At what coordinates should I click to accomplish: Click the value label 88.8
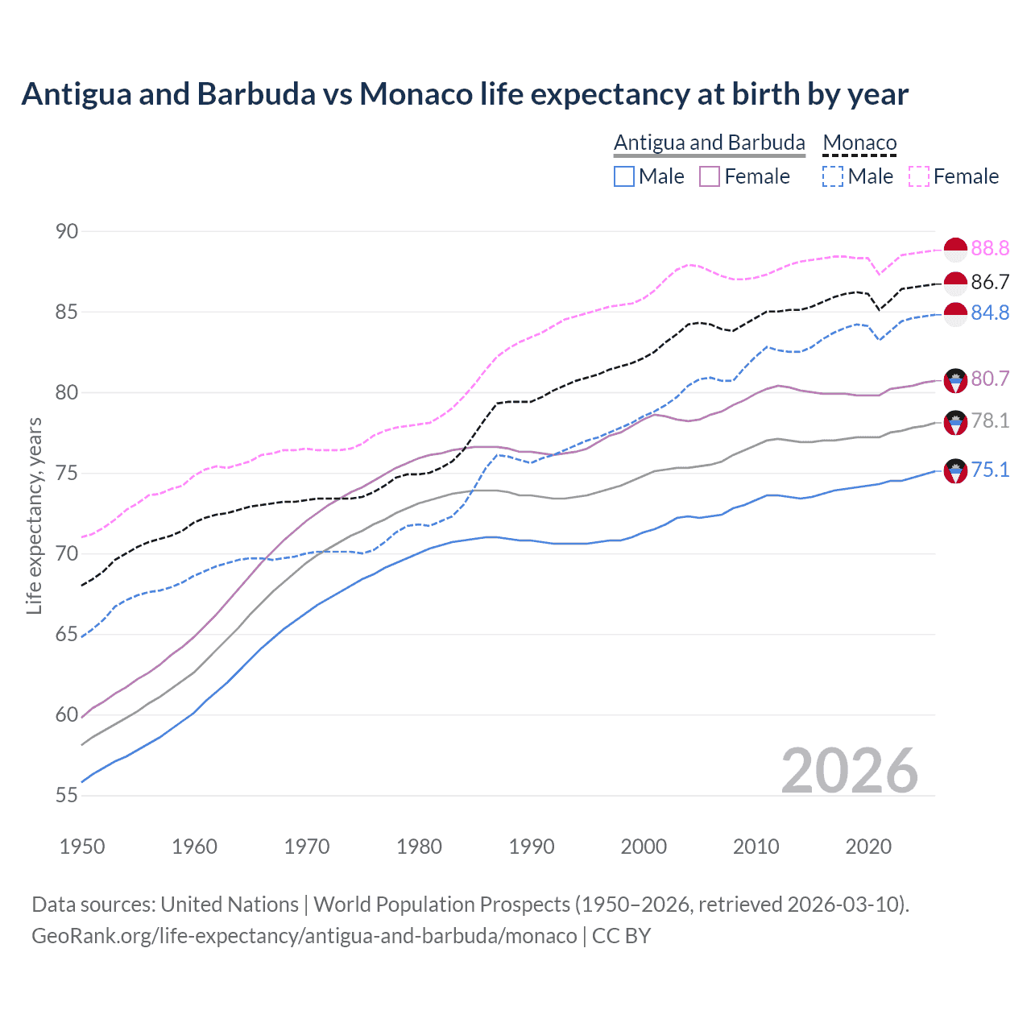click(x=990, y=248)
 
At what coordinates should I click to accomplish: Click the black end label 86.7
click(x=990, y=282)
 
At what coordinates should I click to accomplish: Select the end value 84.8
click(x=990, y=313)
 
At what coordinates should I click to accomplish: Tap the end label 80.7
click(x=990, y=379)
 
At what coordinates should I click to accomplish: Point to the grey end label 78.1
click(x=990, y=420)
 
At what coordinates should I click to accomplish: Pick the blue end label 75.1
click(x=990, y=470)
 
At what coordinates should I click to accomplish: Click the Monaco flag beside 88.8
click(x=955, y=250)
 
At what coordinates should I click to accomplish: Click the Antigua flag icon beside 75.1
click(x=955, y=470)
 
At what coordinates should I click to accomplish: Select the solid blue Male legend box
click(x=624, y=176)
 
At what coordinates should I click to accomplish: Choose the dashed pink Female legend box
click(x=919, y=176)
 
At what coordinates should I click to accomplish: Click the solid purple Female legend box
click(x=710, y=176)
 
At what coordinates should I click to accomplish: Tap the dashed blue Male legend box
click(x=833, y=176)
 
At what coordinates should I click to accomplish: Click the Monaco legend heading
click(x=859, y=143)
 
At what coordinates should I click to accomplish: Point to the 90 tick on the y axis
click(x=67, y=231)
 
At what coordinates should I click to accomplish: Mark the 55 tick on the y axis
click(x=67, y=795)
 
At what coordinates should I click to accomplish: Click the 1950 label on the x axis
click(x=82, y=847)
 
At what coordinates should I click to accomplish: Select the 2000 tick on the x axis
click(x=644, y=847)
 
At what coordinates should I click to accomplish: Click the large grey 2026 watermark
click(x=849, y=771)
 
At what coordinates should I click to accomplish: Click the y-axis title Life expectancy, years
click(x=34, y=515)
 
